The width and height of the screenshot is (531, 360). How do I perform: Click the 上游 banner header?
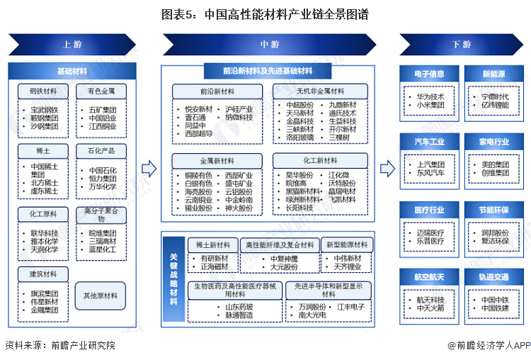coord(71,44)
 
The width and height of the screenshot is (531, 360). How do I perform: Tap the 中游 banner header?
coord(269,44)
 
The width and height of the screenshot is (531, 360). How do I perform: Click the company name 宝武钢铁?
coord(44,111)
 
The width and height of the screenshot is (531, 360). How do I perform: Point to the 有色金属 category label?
coord(101,91)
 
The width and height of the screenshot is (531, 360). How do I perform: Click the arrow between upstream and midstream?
coord(148,169)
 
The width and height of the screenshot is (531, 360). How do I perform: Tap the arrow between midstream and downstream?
coord(387,169)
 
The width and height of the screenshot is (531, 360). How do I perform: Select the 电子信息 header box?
coord(430,74)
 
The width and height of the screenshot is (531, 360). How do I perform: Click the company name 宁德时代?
coord(495,96)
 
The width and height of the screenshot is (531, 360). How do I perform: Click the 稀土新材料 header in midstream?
coord(212,244)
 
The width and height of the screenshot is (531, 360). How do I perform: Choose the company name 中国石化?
coord(103,170)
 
